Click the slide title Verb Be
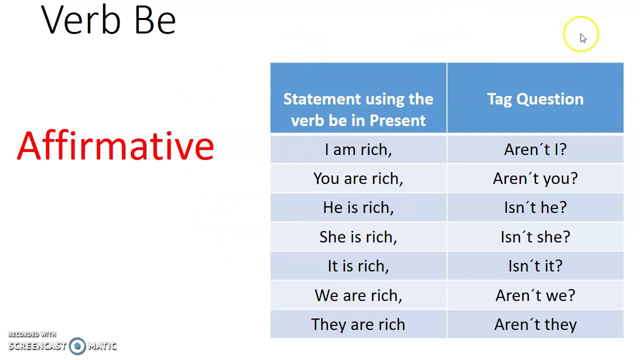(108, 20)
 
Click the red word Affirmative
(115, 146)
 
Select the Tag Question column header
(535, 99)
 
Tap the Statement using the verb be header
(358, 109)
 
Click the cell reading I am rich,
(358, 149)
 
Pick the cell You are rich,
(358, 178)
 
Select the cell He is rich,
(358, 207)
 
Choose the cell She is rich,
(358, 237)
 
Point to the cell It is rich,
(358, 266)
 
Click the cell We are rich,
(358, 295)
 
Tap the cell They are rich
(358, 324)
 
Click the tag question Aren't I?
(535, 149)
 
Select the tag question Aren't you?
(535, 178)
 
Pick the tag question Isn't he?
(535, 207)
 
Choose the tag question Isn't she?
(535, 237)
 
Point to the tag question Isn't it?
(535, 266)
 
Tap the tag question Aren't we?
(535, 295)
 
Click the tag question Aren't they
(535, 324)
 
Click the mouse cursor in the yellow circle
(582, 38)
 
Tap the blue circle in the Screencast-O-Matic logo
(77, 346)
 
